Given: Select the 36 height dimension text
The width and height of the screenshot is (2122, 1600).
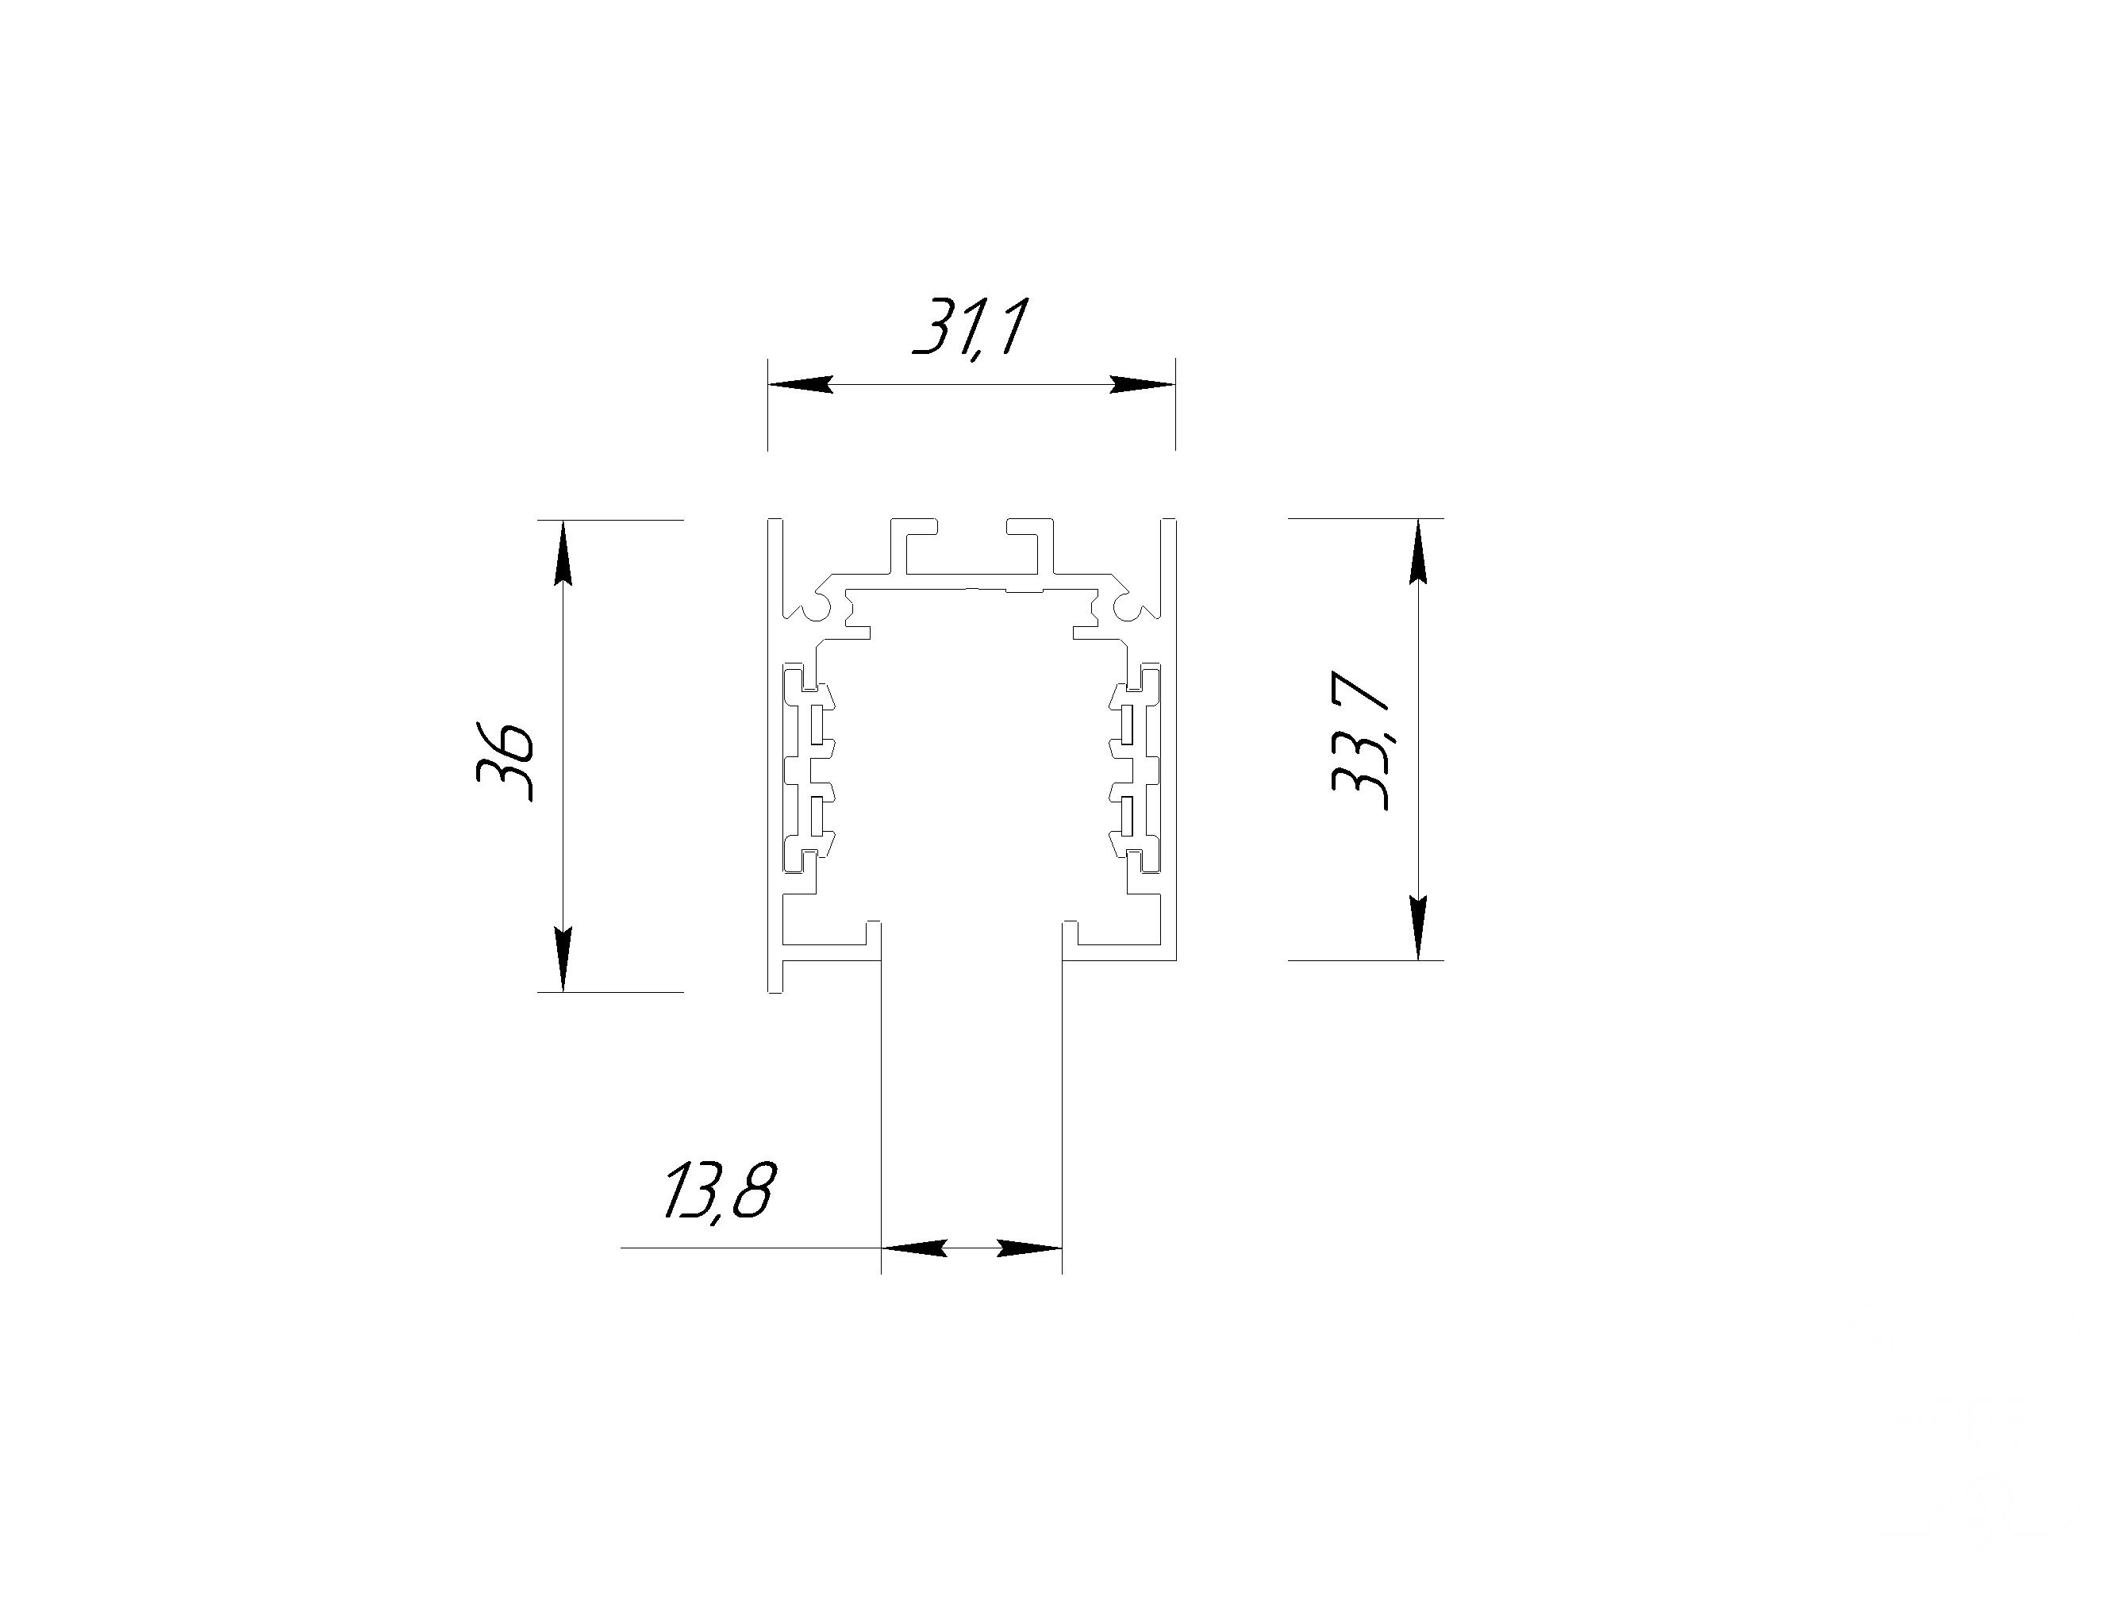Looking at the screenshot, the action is click(505, 763).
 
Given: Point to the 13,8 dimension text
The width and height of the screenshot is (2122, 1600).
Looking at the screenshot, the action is click(718, 1190).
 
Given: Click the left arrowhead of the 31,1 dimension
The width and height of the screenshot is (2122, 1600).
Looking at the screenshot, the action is click(799, 385).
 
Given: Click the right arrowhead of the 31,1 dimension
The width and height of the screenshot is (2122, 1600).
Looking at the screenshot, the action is click(1143, 385).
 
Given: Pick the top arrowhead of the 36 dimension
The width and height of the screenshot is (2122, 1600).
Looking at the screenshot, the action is click(564, 552).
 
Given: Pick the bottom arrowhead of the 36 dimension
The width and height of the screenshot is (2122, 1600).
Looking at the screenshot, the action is click(564, 960).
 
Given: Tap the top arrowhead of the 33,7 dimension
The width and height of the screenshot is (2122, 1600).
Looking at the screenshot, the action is click(1419, 551).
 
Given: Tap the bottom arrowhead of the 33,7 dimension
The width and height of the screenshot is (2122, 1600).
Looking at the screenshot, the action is click(1419, 928).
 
